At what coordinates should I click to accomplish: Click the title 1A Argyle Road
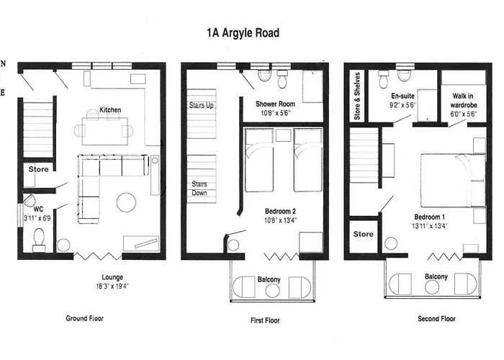pyautogui.click(x=243, y=33)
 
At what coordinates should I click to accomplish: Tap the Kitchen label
pyautogui.click(x=110, y=110)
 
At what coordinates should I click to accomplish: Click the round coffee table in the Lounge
pyautogui.click(x=126, y=202)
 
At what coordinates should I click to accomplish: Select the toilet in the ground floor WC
pyautogui.click(x=39, y=240)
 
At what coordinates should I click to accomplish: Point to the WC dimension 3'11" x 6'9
pyautogui.click(x=37, y=218)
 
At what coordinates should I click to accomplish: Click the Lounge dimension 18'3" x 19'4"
pyautogui.click(x=112, y=286)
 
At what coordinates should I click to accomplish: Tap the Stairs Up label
pyautogui.click(x=201, y=105)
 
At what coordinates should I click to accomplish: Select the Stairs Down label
pyautogui.click(x=199, y=189)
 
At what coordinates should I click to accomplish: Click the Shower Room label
pyautogui.click(x=276, y=104)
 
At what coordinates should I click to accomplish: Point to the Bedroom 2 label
pyautogui.click(x=280, y=211)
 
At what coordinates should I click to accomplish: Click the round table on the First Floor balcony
pyautogui.click(x=272, y=291)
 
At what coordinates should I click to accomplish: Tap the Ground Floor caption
pyautogui.click(x=84, y=318)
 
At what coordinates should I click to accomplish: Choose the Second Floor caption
pyautogui.click(x=436, y=318)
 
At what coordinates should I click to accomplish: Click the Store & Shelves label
pyautogui.click(x=357, y=96)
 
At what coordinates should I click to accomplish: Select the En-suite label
pyautogui.click(x=402, y=96)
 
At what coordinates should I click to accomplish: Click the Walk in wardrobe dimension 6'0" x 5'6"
pyautogui.click(x=464, y=114)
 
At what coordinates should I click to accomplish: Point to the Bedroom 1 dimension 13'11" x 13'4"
pyautogui.click(x=430, y=226)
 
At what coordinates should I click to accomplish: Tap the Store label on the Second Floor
pyautogui.click(x=363, y=234)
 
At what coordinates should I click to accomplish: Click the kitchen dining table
pyautogui.click(x=105, y=131)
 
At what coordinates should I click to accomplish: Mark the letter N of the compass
pyautogui.click(x=3, y=63)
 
